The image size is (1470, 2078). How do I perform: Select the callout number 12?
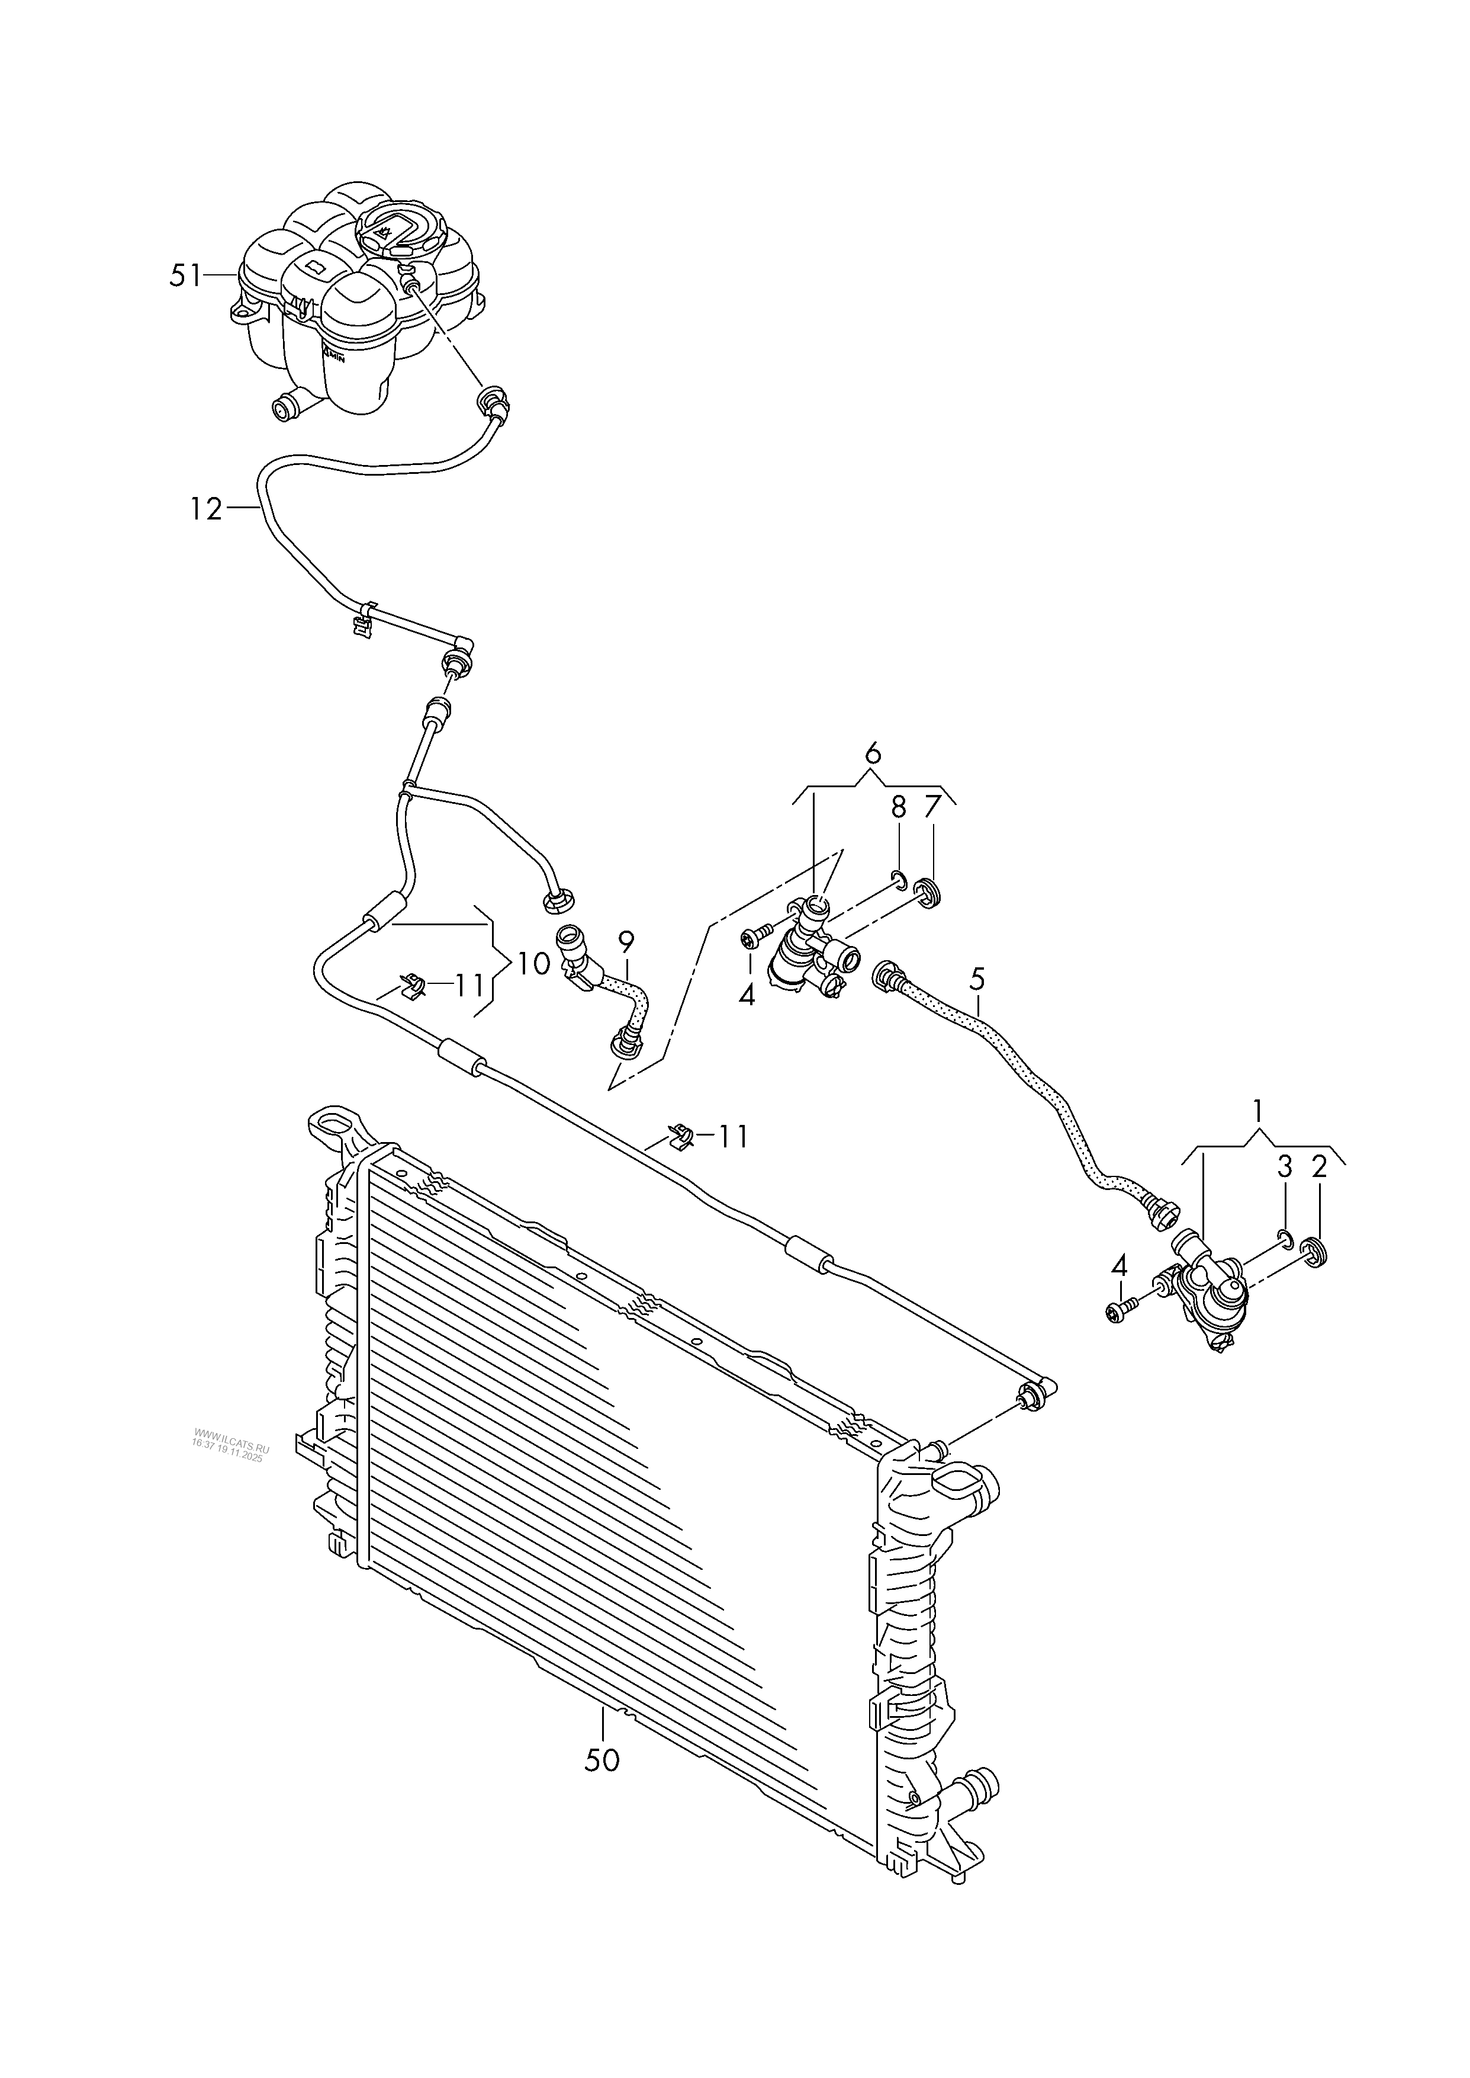207,510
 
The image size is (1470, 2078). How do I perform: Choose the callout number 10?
534,964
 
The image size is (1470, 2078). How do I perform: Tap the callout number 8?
898,807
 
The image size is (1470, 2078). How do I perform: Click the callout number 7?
932,807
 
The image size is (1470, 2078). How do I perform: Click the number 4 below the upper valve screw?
747,996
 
